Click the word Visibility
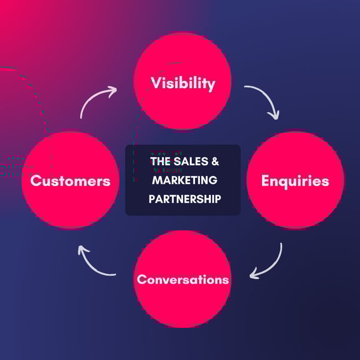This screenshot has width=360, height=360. [x=183, y=83]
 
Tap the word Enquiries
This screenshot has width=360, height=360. [x=295, y=181]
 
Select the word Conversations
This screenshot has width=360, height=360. [x=183, y=279]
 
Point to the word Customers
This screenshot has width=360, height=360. [x=70, y=181]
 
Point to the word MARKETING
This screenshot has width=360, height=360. [x=184, y=180]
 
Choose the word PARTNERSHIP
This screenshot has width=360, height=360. [x=184, y=198]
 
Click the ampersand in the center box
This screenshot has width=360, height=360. [x=215, y=162]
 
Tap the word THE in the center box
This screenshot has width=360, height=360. [x=160, y=162]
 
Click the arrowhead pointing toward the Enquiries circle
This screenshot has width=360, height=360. [x=274, y=115]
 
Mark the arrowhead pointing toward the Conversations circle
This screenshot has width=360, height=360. [x=254, y=274]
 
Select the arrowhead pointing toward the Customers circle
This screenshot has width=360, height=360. [x=83, y=250]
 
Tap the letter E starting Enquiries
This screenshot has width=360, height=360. [x=266, y=181]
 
